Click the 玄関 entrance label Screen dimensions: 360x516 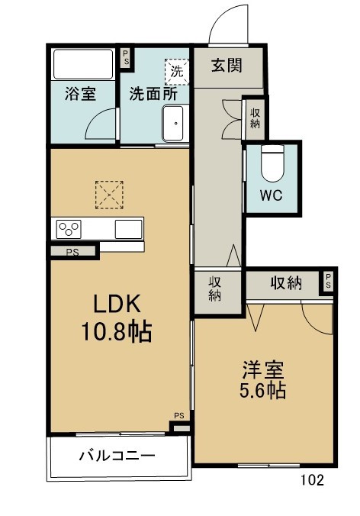[x=227, y=66]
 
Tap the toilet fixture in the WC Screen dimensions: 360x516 [x=272, y=163]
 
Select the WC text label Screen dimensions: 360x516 [x=272, y=195]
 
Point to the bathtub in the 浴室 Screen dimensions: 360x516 [x=83, y=64]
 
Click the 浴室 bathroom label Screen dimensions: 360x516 [x=81, y=93]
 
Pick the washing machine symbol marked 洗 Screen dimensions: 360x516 [x=177, y=72]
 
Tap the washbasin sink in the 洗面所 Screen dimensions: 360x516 [x=173, y=124]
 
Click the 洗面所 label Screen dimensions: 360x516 [x=153, y=94]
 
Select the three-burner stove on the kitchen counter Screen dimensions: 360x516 [x=69, y=229]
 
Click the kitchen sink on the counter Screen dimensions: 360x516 [x=128, y=229]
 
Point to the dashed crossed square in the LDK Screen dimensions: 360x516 [x=109, y=195]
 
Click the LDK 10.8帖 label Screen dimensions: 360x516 [x=117, y=318]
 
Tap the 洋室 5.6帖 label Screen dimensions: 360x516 [x=262, y=379]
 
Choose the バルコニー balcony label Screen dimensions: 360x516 [x=117, y=456]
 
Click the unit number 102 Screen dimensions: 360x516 [x=312, y=480]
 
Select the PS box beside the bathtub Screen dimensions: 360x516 [x=126, y=58]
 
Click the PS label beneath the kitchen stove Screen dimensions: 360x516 [x=72, y=253]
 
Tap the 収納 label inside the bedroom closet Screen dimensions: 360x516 [x=286, y=282]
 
